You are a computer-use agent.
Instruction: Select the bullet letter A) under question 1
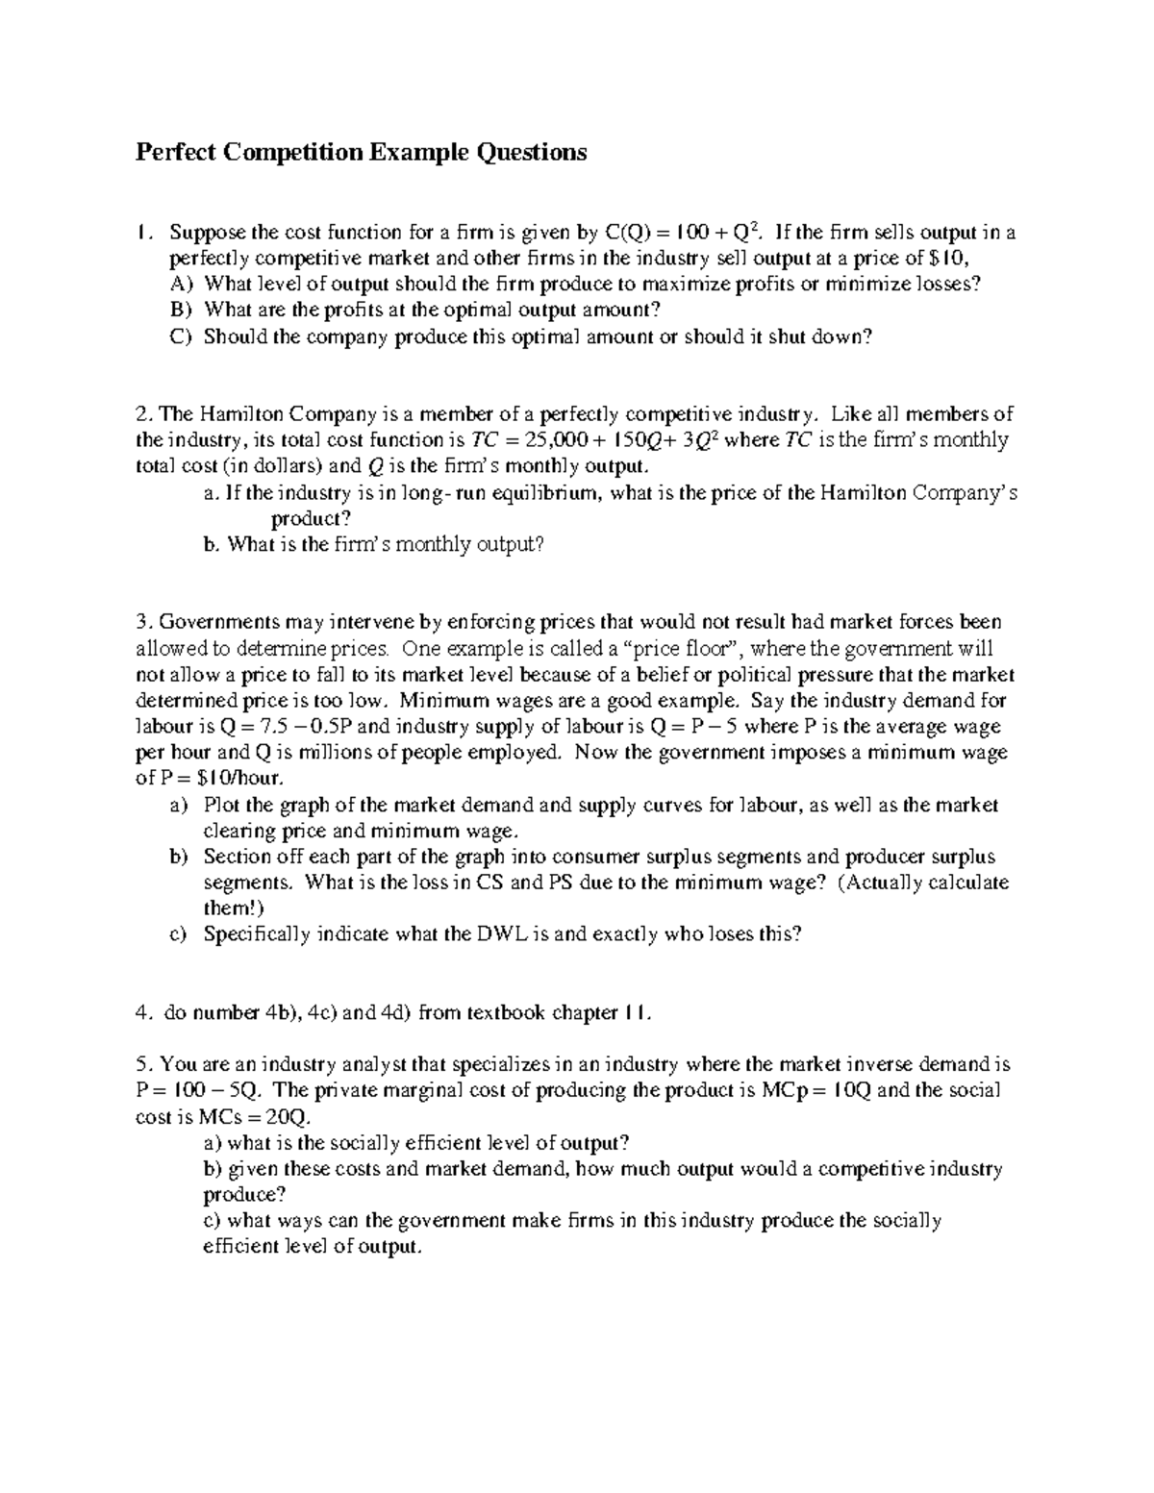[x=182, y=284]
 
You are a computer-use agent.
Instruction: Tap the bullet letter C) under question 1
[x=182, y=336]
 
